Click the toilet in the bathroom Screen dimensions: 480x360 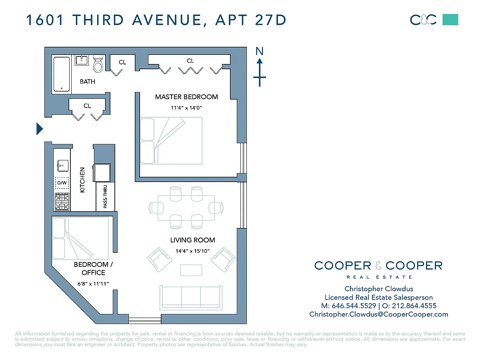(98, 64)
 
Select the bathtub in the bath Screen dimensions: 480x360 (62, 74)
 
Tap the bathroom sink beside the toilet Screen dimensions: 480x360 (82, 60)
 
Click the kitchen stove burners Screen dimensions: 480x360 (62, 202)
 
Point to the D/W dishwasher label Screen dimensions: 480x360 (62, 183)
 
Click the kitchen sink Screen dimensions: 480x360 (62, 166)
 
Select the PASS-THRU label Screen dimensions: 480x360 (105, 196)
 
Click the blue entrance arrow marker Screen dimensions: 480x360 (39, 129)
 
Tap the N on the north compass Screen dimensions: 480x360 (260, 51)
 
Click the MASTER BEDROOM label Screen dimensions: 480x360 (186, 97)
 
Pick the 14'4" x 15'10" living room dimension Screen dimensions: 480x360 (193, 251)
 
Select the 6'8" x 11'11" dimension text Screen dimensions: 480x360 (93, 284)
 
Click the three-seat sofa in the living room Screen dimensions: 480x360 (191, 298)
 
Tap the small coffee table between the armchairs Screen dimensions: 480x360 (191, 270)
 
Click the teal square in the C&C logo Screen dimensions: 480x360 (450, 20)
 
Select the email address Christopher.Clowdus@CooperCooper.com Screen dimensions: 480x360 (379, 314)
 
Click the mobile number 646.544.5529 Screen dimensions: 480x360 (354, 306)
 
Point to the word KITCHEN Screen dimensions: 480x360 (82, 180)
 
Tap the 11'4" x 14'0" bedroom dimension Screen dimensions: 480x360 (186, 108)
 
